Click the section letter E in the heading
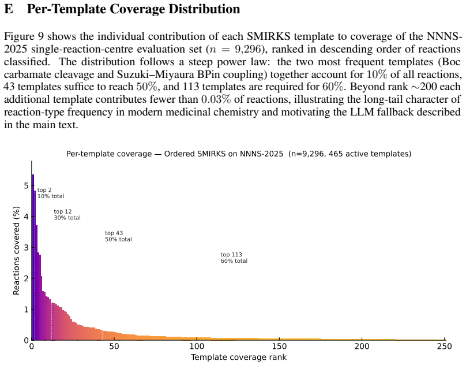(8, 9)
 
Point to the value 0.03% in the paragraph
(216, 99)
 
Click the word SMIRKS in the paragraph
(269, 36)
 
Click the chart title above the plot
(239, 154)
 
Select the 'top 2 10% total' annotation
(51, 193)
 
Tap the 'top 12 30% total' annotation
(67, 215)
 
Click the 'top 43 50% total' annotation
(118, 236)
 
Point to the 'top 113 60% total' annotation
(234, 258)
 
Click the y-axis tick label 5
(27, 185)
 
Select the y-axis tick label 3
(27, 247)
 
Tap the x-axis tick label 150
(279, 347)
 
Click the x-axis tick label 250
(445, 347)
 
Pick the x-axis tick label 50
(114, 347)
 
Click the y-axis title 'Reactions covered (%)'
(16, 251)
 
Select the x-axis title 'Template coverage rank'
(239, 357)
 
